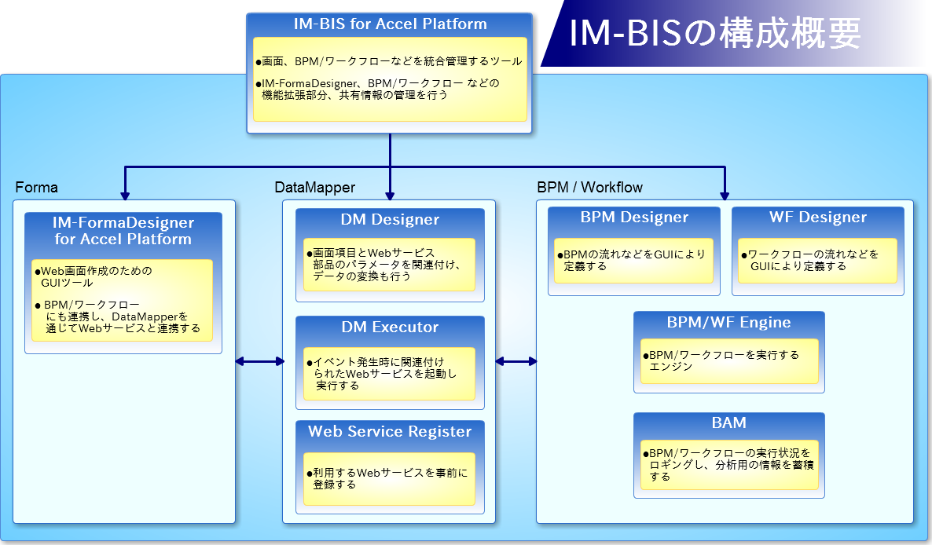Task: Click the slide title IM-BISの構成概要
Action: click(715, 33)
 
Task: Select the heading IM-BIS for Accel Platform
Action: click(390, 24)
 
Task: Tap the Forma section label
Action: click(36, 188)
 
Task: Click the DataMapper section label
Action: click(314, 188)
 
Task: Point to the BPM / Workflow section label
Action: click(589, 188)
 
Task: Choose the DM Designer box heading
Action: click(390, 220)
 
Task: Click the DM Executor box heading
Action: click(390, 327)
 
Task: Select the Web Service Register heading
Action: click(390, 432)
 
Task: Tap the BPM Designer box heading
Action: click(634, 218)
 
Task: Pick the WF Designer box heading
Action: click(818, 218)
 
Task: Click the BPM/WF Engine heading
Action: click(728, 323)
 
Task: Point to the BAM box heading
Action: click(728, 422)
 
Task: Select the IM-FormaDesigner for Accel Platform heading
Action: click(123, 231)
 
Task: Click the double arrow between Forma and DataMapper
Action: click(260, 361)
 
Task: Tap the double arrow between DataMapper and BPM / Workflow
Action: click(516, 361)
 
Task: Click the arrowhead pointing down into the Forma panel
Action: click(125, 196)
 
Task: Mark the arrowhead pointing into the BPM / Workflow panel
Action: click(725, 196)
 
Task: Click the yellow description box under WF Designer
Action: click(817, 261)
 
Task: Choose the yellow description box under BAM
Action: click(729, 465)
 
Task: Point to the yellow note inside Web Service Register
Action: click(389, 479)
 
